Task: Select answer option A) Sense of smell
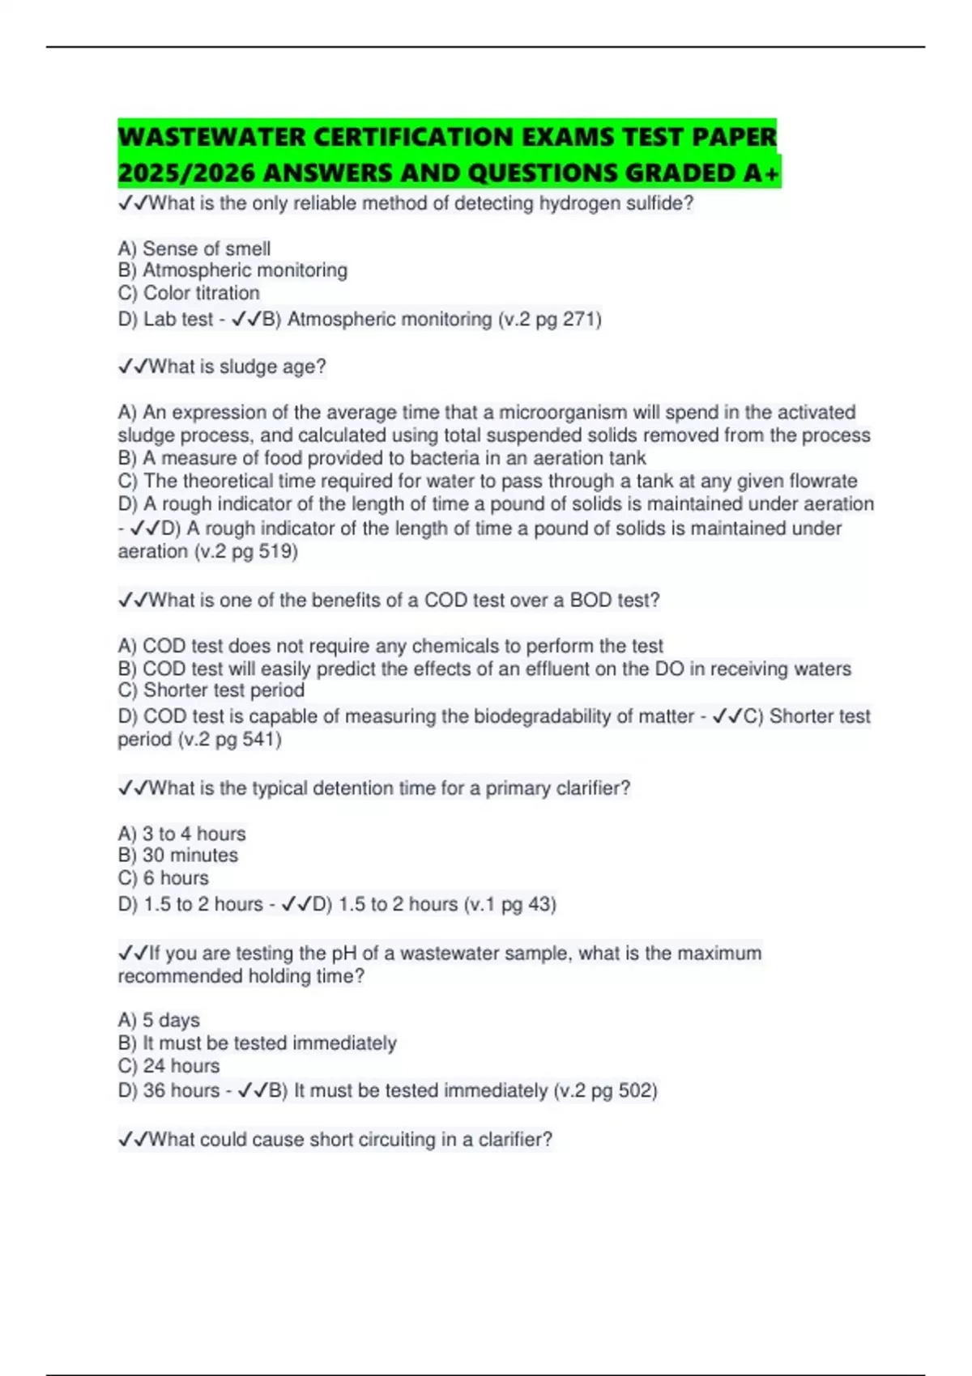pyautogui.click(x=194, y=248)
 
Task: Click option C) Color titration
pyautogui.click(x=189, y=293)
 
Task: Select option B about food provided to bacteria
pyautogui.click(x=382, y=458)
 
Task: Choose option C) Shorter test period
pyautogui.click(x=211, y=690)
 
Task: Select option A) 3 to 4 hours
pyautogui.click(x=182, y=834)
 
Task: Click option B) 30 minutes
pyautogui.click(x=178, y=856)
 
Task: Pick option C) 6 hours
pyautogui.click(x=164, y=878)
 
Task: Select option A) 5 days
pyautogui.click(x=160, y=1020)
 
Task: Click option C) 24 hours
pyautogui.click(x=169, y=1066)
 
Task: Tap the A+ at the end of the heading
pyautogui.click(x=761, y=173)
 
